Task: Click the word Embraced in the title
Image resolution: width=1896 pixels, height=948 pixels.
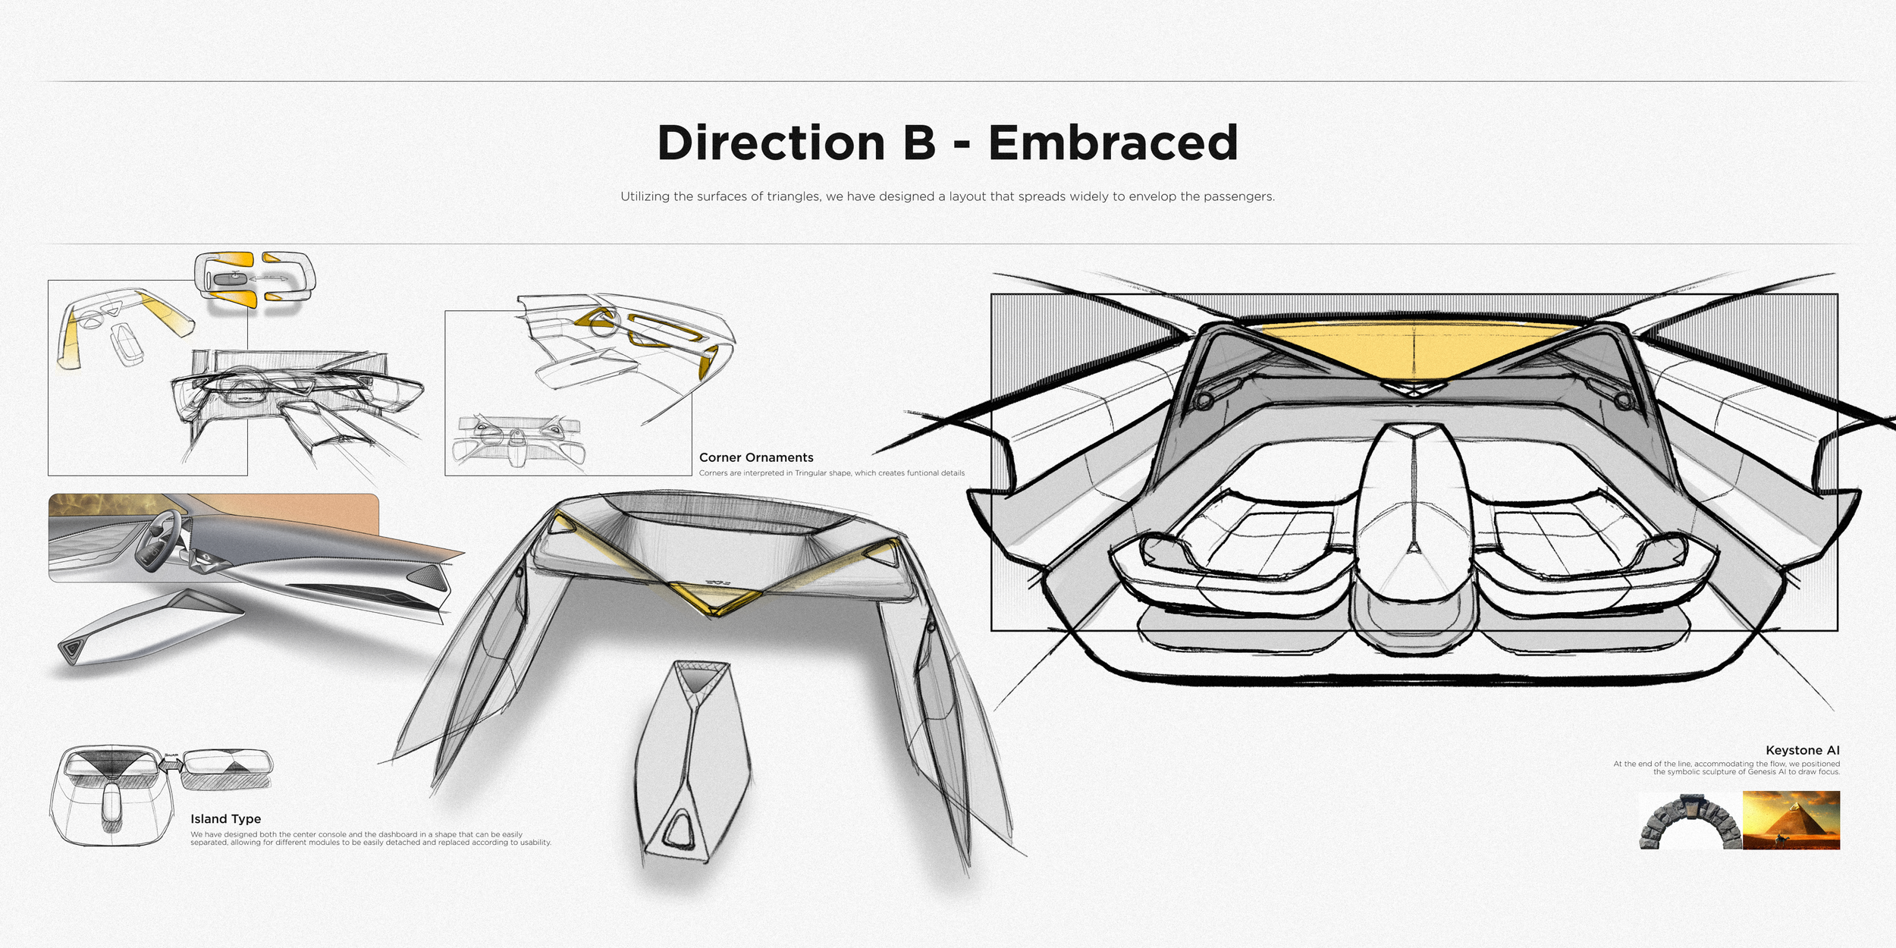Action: click(x=1113, y=143)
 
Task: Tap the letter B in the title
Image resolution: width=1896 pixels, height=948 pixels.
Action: click(x=919, y=143)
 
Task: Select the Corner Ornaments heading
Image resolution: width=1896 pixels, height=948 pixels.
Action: click(x=756, y=457)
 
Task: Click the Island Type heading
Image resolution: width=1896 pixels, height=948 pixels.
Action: click(x=225, y=819)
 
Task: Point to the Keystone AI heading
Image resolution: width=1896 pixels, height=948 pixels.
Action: click(x=1802, y=750)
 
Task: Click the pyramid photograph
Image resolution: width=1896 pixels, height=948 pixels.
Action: click(x=1791, y=820)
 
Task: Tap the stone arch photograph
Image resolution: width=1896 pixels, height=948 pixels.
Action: click(x=1690, y=821)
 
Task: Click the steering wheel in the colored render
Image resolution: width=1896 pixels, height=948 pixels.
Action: click(x=158, y=540)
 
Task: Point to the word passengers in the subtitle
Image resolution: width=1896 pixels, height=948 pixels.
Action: click(x=1238, y=196)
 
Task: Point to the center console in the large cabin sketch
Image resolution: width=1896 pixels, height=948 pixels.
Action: click(x=1414, y=531)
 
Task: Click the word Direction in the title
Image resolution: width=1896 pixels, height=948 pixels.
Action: click(x=771, y=143)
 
